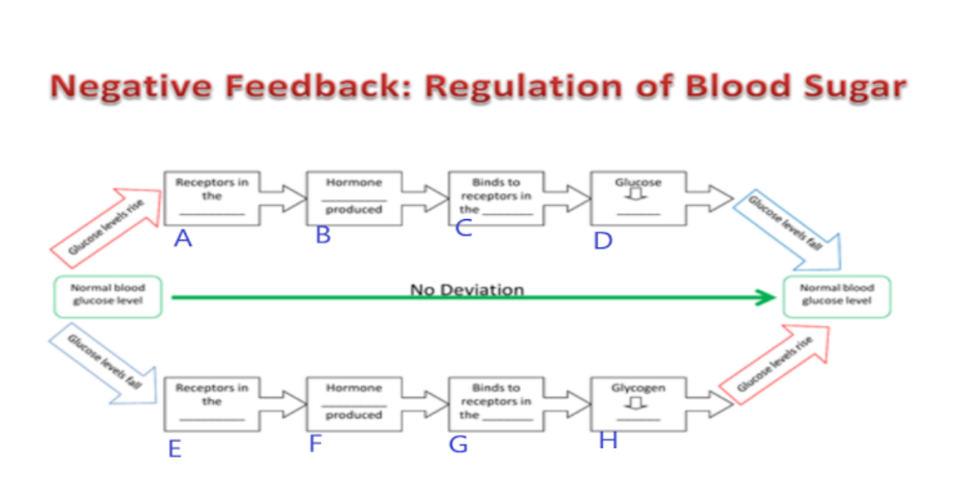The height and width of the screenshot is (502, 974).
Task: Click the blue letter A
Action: pyautogui.click(x=183, y=239)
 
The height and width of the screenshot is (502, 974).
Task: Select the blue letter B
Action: pyautogui.click(x=323, y=236)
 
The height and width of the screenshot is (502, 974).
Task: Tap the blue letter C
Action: pyautogui.click(x=463, y=228)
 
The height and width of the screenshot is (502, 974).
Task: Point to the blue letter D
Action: pyautogui.click(x=602, y=241)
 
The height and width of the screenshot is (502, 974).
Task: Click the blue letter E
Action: pyautogui.click(x=174, y=449)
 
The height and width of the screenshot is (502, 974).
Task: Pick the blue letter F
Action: pyautogui.click(x=316, y=443)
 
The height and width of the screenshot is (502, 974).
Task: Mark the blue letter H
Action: pyautogui.click(x=607, y=441)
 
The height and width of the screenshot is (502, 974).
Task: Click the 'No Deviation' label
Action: pyautogui.click(x=467, y=289)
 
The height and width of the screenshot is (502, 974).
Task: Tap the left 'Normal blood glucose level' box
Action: pyautogui.click(x=107, y=296)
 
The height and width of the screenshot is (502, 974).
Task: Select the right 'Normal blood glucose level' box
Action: pyautogui.click(x=837, y=295)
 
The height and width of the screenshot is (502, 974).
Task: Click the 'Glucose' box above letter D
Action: pyautogui.click(x=638, y=198)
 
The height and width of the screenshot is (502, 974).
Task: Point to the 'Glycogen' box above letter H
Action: pyautogui.click(x=638, y=402)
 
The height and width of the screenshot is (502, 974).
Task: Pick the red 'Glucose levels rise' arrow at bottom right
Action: pyautogui.click(x=774, y=363)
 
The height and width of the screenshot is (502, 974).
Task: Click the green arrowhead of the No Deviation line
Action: pyautogui.click(x=765, y=298)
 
